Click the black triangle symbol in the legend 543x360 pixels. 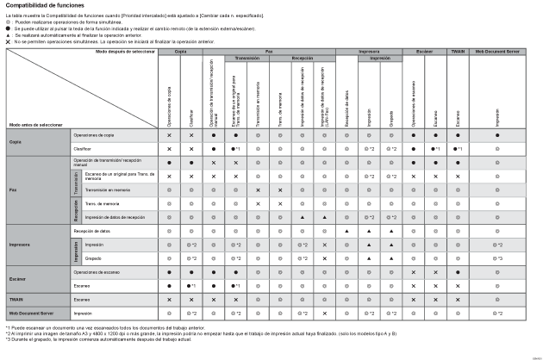click(x=9, y=34)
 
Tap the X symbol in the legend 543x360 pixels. click(x=9, y=40)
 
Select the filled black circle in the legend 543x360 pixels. click(x=9, y=28)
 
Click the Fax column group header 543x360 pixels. click(x=269, y=52)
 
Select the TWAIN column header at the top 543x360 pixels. click(x=458, y=52)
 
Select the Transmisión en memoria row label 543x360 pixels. click(x=107, y=189)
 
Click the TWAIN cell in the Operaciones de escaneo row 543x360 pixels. click(x=458, y=271)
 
